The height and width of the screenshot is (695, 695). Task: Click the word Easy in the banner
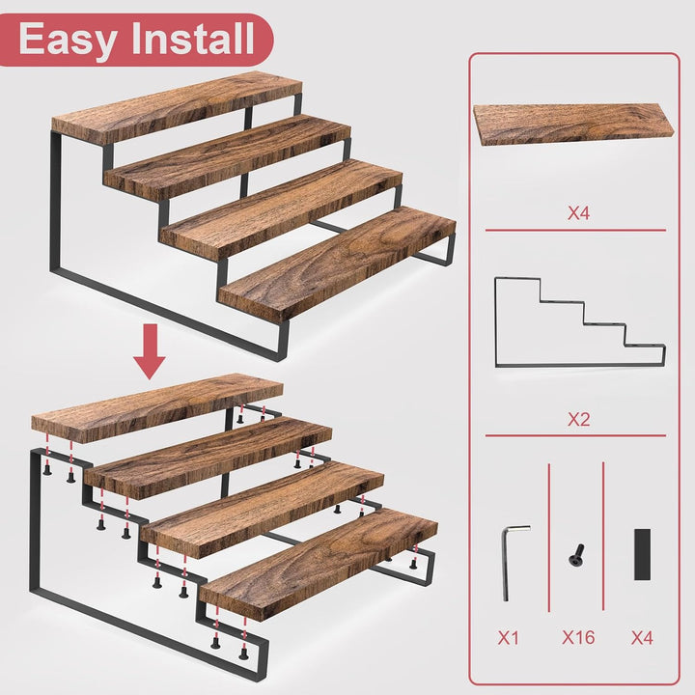pyautogui.click(x=67, y=40)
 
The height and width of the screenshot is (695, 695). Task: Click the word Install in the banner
pyautogui.click(x=193, y=38)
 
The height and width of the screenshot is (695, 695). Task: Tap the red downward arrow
pyautogui.click(x=151, y=351)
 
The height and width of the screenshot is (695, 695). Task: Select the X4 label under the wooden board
pyautogui.click(x=578, y=213)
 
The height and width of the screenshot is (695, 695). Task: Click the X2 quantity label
pyautogui.click(x=578, y=419)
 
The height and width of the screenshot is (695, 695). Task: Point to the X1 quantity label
pyautogui.click(x=508, y=638)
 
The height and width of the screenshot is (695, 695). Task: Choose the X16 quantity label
pyautogui.click(x=578, y=637)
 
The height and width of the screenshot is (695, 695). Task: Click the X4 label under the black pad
pyautogui.click(x=642, y=638)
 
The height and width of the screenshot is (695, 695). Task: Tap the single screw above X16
pyautogui.click(x=576, y=554)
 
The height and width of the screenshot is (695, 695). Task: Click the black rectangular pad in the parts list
pyautogui.click(x=642, y=554)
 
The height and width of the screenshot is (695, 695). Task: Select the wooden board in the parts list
pyautogui.click(x=573, y=125)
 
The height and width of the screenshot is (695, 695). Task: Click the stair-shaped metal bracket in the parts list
pyautogui.click(x=495, y=322)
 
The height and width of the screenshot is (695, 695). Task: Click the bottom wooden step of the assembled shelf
pyautogui.click(x=337, y=263)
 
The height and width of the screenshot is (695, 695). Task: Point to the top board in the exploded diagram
pyautogui.click(x=157, y=407)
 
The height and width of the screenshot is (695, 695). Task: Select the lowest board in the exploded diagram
pyautogui.click(x=319, y=563)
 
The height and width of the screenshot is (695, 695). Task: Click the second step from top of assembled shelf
pyautogui.click(x=228, y=155)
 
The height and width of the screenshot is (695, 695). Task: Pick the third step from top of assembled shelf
pyautogui.click(x=281, y=208)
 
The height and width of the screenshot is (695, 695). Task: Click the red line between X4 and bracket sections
pyautogui.click(x=575, y=230)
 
